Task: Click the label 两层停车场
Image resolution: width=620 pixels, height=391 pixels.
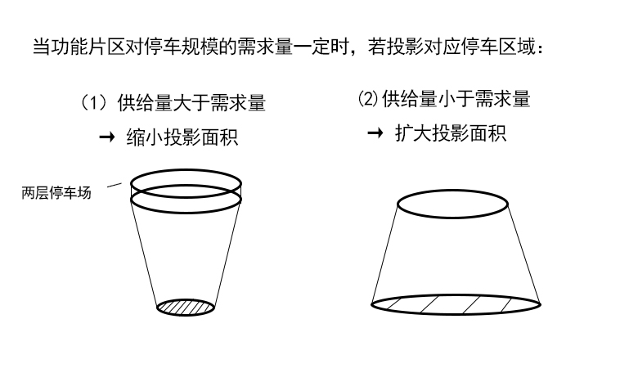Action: pyautogui.click(x=56, y=193)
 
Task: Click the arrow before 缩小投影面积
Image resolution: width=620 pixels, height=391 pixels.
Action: pyautogui.click(x=107, y=137)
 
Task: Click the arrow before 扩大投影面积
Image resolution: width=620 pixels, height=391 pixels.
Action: pyautogui.click(x=375, y=133)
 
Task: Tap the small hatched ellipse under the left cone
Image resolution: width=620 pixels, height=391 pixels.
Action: pyautogui.click(x=186, y=308)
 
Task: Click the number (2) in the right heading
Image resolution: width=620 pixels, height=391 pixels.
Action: pyautogui.click(x=368, y=98)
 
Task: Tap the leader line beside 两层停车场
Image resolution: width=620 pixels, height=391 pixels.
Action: pyautogui.click(x=115, y=185)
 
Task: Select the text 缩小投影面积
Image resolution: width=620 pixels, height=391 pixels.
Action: pyautogui.click(x=182, y=137)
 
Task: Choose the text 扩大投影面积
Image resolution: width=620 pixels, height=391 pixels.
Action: pyautogui.click(x=451, y=133)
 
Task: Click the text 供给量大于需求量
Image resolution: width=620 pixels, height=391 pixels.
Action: pyautogui.click(x=191, y=103)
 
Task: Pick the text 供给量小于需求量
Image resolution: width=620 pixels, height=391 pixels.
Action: pyautogui.click(x=456, y=98)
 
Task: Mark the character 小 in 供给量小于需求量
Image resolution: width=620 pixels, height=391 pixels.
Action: pyautogui.click(x=447, y=98)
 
